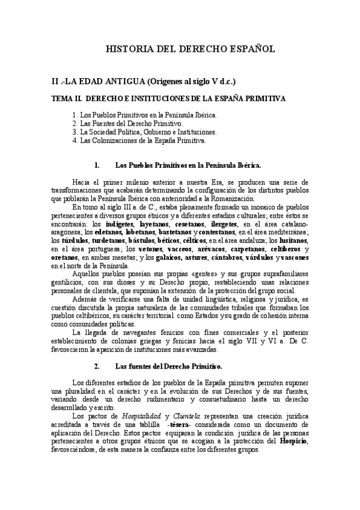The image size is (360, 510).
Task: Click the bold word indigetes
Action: point(117,224)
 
